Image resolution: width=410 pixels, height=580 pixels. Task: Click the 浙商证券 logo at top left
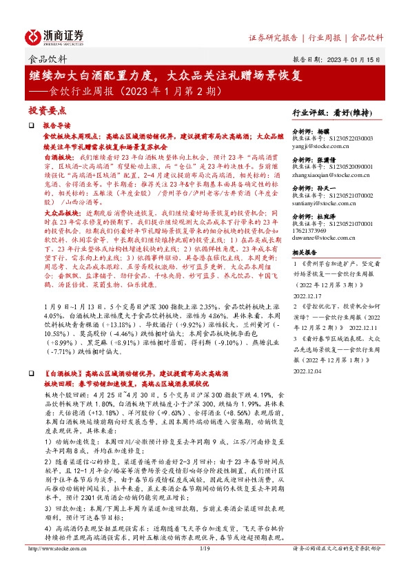pos(55,37)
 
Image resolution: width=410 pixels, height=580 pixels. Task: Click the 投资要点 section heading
pos(47,110)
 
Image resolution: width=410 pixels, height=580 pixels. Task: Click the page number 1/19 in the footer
pos(205,568)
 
